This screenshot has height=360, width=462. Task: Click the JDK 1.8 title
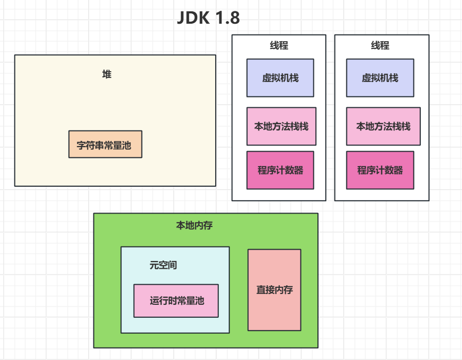[208, 18]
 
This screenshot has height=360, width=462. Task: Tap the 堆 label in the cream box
[107, 74]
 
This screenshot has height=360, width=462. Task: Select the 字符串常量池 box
[105, 144]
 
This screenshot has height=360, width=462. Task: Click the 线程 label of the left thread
[279, 45]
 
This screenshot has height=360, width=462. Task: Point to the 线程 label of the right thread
[380, 45]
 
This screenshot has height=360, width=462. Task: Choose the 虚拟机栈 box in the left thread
[280, 78]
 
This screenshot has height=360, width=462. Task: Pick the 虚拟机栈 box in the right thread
[380, 78]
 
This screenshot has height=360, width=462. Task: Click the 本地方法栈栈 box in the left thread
[281, 126]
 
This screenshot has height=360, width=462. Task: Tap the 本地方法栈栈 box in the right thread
[383, 126]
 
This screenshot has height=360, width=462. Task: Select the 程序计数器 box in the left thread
[280, 170]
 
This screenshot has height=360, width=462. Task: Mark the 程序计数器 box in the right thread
[380, 170]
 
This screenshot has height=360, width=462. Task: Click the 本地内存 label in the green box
[195, 225]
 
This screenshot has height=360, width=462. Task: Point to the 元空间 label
[163, 265]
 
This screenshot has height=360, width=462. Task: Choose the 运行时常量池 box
[176, 301]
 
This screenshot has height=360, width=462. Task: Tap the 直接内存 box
[274, 290]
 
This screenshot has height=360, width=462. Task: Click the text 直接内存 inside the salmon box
[274, 290]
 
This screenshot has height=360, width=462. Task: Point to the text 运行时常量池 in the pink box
[176, 301]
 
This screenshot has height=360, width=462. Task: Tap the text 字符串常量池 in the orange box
[105, 145]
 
